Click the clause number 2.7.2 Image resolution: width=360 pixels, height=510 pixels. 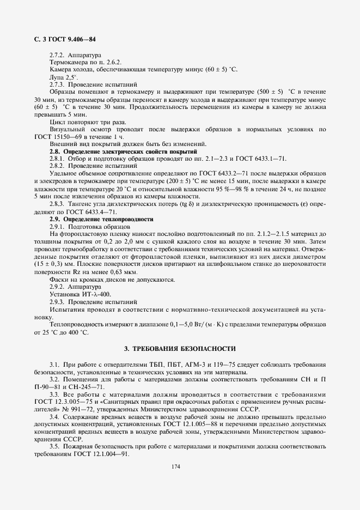coord(58,56)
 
